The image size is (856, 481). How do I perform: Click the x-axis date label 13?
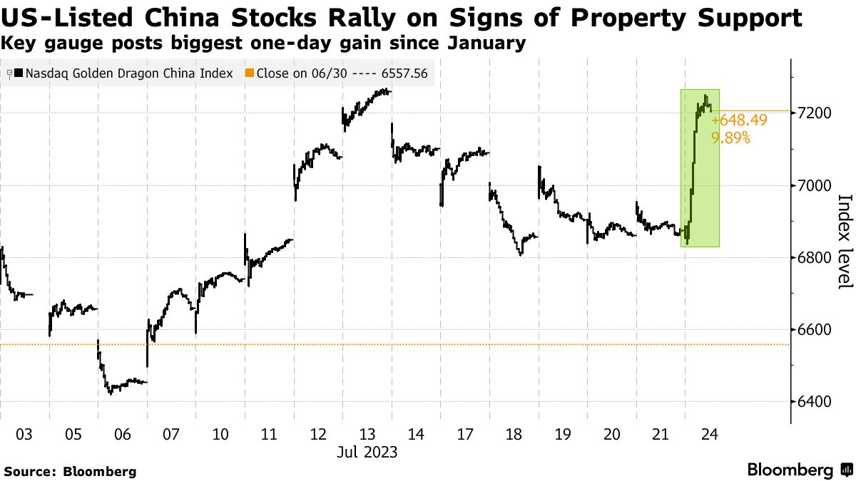point(367,434)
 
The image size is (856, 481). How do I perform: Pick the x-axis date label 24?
point(708,434)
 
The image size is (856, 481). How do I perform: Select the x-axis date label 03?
point(24,434)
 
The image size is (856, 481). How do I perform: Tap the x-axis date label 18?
point(514,434)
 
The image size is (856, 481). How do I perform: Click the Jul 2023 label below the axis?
point(367,452)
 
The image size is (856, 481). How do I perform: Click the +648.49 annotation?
point(740,120)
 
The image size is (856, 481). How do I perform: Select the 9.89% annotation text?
point(730,138)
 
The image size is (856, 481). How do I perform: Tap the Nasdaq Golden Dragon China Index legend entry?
point(123,73)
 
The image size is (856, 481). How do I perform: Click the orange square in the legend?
point(249,73)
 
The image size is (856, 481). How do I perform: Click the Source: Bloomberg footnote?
point(70,471)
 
